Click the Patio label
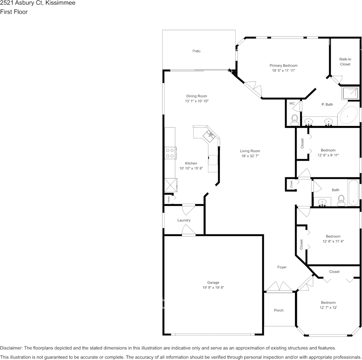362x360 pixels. [196, 51]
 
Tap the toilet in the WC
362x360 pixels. [295, 120]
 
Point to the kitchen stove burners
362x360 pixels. [170, 153]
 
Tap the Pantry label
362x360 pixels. [169, 199]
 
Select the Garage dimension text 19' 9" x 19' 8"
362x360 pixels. [213, 288]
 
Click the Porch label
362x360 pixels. [279, 311]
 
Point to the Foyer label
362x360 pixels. [282, 267]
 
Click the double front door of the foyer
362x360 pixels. [279, 287]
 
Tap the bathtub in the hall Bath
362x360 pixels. [354, 193]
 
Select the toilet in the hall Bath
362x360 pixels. [341, 201]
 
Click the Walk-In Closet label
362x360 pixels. [345, 62]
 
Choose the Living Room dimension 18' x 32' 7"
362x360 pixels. [250, 156]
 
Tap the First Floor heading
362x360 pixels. [14, 12]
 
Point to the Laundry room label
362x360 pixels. [184, 220]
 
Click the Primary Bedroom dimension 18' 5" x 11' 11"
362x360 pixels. [284, 71]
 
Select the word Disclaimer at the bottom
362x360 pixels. [11, 348]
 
